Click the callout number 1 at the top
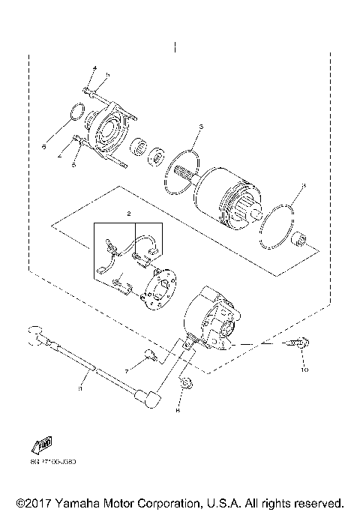tap(174, 46)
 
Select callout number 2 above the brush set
tap(129, 214)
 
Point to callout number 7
tap(127, 370)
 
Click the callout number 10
tap(305, 370)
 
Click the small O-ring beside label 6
tap(74, 113)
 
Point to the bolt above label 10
tap(295, 344)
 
